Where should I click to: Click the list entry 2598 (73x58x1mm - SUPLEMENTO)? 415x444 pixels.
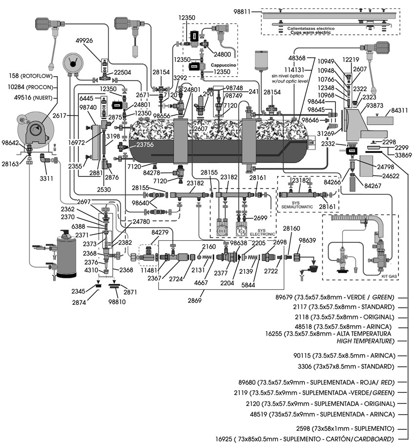point(357,427)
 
